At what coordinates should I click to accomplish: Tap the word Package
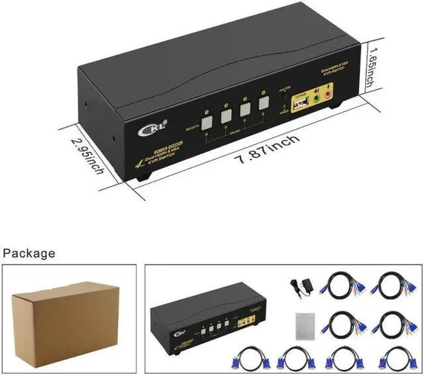[29, 253]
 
